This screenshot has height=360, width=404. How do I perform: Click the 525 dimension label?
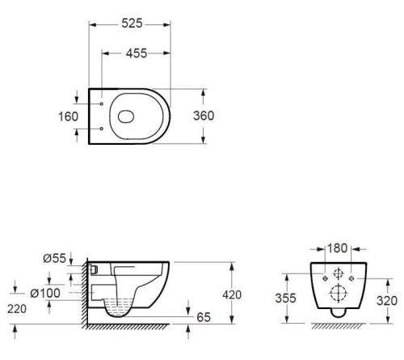132,23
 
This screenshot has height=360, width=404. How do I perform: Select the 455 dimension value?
137,53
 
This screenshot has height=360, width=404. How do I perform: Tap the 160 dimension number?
69,116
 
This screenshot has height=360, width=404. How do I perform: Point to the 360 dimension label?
204,116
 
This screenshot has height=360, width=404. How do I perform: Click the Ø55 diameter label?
54,258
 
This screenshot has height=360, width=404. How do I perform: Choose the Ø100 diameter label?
45,293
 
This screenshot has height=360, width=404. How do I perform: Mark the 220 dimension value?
17,309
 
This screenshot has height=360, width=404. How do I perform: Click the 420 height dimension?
232,295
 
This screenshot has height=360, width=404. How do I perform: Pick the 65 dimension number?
204,317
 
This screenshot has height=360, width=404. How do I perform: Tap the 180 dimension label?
337,248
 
